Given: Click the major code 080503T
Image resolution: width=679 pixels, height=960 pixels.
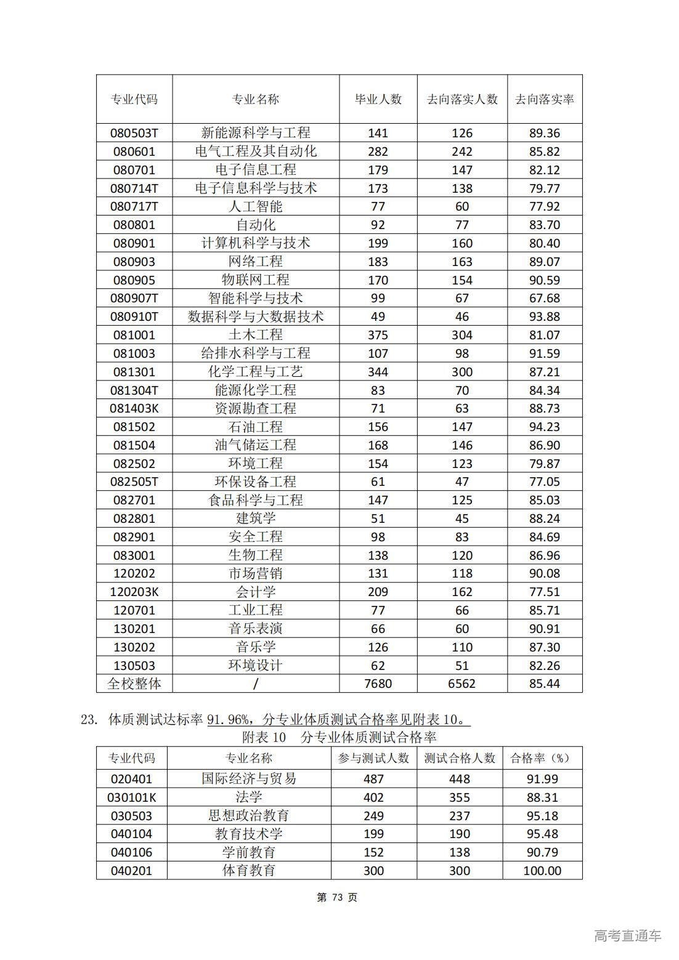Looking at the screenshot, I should point(134,133).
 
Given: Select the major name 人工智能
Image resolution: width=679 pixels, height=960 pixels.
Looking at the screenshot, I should point(255,206).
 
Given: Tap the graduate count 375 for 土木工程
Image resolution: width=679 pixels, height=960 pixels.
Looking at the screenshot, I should point(378,335).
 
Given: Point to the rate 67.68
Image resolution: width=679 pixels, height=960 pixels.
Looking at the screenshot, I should point(544,298).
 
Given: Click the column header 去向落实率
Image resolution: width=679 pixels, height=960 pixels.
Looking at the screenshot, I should point(544,99).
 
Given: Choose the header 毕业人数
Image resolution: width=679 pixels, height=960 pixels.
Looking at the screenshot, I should point(378,99).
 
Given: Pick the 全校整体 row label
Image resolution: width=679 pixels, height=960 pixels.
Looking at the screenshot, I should point(134,684).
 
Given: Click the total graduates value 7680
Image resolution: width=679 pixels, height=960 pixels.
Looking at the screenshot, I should point(378,684).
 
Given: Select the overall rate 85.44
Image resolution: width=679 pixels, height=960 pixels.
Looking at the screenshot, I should point(544,684).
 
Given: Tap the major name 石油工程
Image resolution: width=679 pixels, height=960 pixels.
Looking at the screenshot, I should point(255,427).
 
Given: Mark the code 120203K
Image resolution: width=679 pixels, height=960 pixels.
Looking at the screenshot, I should point(134,592).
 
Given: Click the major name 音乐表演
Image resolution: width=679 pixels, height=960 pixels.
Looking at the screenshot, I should point(255,629).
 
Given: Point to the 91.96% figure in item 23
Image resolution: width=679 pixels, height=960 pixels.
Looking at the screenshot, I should point(229,719).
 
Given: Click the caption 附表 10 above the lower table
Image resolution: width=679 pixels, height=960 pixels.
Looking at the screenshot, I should point(264,737).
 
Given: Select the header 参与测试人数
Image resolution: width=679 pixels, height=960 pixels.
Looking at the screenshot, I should point(373,758).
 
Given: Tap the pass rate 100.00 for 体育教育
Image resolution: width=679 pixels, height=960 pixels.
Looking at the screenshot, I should point(542,871).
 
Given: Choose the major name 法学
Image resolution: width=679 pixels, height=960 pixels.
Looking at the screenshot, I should point(248,797).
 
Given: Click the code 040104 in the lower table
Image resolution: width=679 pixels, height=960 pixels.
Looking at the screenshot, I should point(131,834).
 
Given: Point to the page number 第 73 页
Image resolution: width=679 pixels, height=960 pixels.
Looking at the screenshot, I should point(337,897).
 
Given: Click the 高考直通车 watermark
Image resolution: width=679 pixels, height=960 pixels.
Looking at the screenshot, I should point(627,935).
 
